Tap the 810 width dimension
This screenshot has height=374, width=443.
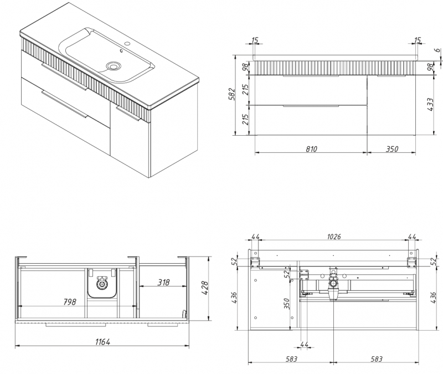(311, 148)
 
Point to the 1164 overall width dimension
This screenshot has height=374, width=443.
(102, 342)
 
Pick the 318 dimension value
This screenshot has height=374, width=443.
(163, 282)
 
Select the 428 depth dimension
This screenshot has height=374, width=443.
(204, 288)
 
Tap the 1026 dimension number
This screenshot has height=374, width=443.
(333, 237)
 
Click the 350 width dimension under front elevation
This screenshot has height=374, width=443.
(392, 148)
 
